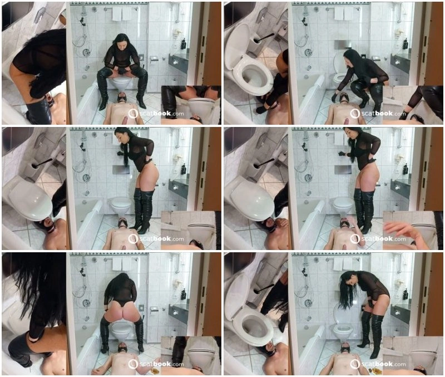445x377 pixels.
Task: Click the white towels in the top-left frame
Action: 117,13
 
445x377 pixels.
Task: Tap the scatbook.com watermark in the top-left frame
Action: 156,114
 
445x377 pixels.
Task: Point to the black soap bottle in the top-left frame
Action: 184,43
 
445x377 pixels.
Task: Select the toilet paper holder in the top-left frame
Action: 154,59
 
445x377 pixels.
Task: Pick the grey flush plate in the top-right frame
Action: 340,45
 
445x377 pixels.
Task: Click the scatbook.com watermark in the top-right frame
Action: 378,114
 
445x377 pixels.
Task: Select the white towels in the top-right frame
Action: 339,13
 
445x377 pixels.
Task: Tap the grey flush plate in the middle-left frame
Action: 121,170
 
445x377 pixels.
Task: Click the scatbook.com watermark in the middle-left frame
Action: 156,239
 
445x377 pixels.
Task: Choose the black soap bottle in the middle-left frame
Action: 184,169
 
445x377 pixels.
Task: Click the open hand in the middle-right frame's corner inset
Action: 400,232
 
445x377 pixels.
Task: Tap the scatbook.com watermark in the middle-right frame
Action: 378,239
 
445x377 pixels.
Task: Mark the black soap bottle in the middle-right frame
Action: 406,169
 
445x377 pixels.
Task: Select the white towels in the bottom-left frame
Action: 117,264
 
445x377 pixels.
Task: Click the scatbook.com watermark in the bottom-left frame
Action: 156,364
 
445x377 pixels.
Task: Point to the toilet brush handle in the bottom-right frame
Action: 263,288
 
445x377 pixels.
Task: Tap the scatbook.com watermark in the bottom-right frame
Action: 378,364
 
